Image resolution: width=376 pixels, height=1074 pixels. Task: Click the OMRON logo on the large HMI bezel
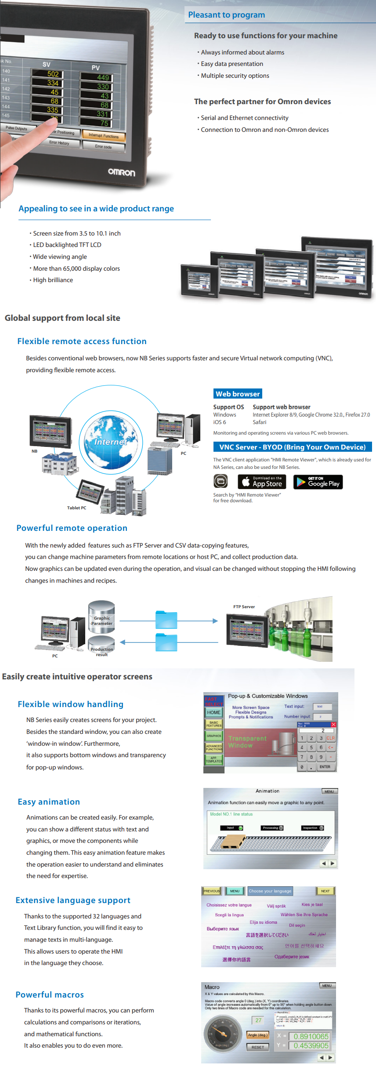click(122, 172)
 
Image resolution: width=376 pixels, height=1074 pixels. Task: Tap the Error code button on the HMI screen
click(103, 146)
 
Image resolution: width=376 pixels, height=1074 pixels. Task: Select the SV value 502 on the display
click(53, 74)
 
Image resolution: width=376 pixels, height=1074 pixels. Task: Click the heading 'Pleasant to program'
click(226, 15)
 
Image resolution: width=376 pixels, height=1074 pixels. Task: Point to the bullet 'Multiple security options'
click(235, 76)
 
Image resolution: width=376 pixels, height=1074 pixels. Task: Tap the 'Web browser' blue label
click(238, 394)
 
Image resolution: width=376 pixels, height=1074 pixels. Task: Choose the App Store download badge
click(262, 482)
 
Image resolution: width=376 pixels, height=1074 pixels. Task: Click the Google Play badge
click(318, 482)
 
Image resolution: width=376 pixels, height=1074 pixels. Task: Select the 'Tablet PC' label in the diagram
click(76, 508)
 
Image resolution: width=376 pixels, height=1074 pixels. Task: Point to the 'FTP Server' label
click(244, 606)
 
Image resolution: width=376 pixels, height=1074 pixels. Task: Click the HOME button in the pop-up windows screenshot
click(214, 712)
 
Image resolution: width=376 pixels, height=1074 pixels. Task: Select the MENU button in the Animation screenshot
click(329, 791)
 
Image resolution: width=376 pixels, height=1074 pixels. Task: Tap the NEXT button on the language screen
click(325, 891)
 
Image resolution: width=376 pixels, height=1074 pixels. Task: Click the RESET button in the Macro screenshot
click(258, 1047)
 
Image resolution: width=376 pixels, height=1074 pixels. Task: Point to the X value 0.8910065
click(311, 1036)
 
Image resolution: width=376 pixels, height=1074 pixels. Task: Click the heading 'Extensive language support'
click(73, 900)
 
